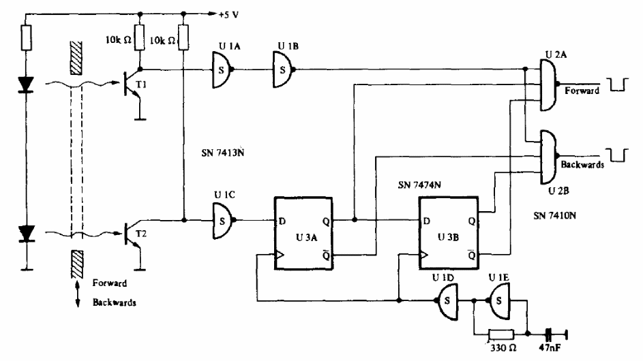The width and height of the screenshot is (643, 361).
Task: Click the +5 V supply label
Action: (228, 15)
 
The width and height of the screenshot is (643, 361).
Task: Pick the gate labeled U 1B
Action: (284, 69)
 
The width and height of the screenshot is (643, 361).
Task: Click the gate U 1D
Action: (447, 301)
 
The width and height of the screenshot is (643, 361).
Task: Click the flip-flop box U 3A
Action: (303, 233)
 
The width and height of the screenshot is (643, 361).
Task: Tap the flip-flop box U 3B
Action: (448, 233)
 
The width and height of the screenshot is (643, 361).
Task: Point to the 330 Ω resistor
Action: (501, 334)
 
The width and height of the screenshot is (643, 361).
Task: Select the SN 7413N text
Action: (223, 153)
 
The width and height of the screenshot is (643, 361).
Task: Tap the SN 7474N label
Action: (419, 185)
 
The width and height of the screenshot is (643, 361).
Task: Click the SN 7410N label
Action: (554, 215)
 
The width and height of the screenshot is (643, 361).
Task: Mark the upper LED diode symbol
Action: (26, 84)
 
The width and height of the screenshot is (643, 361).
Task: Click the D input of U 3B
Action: (426, 221)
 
